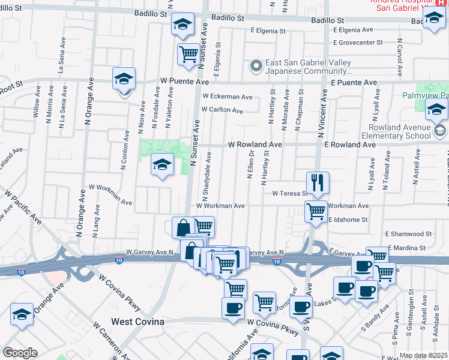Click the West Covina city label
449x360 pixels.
pos(137,322)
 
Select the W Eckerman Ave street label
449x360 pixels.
pos(227,97)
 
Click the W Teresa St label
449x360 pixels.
pos(289,194)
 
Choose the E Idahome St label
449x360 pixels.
pos(348,220)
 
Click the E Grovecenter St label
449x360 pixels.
pos(358,43)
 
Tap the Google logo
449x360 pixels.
pos(20,353)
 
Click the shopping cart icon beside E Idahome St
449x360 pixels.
pos(316,212)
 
